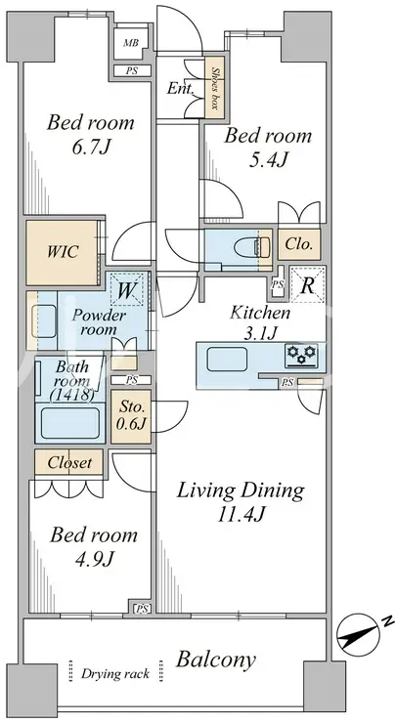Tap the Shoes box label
coord(214,87)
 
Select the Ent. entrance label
coord(180,88)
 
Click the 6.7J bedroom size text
coord(91,148)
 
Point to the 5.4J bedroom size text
coord(267,160)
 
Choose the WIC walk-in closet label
coord(63,252)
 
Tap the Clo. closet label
coord(298,243)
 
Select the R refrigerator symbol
coord(307,286)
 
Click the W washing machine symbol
coord(127,290)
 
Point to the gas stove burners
coord(301,355)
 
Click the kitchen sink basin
coord(227,360)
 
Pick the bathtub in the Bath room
coord(69,423)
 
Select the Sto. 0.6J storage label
coord(132,415)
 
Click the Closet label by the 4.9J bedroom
coord(69,462)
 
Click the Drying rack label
coord(115,674)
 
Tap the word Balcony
coord(215,660)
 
